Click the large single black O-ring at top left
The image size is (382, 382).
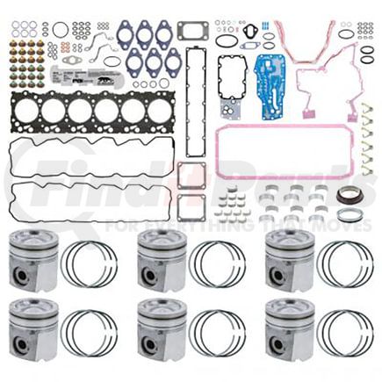60,30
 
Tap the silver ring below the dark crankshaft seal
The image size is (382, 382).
349,214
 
